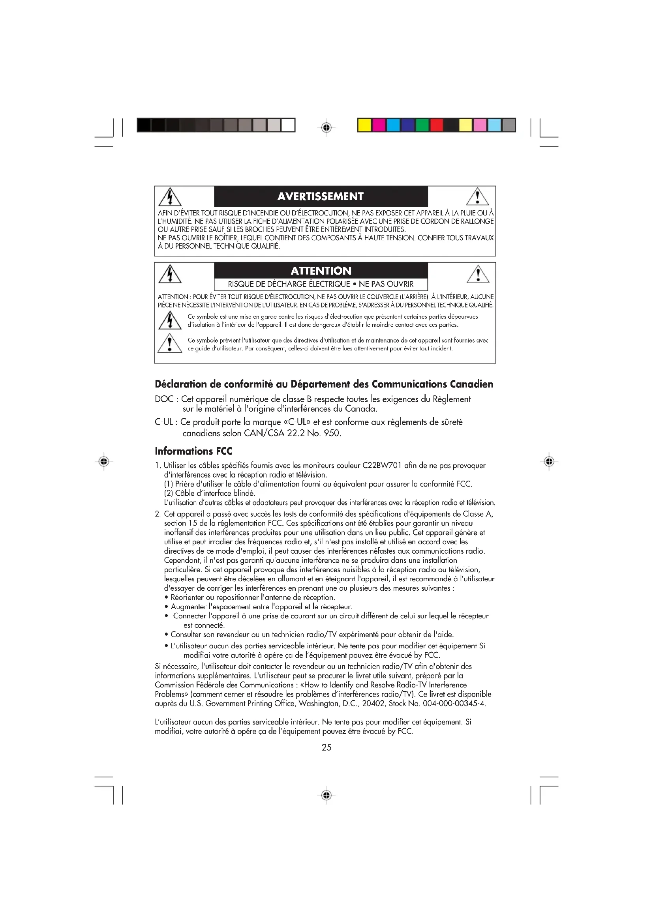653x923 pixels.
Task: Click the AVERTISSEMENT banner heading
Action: click(x=321, y=196)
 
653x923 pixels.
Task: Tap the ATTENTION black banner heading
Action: click(x=321, y=271)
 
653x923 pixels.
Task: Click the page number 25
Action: click(x=326, y=747)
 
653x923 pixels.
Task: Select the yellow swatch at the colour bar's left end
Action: click(x=364, y=125)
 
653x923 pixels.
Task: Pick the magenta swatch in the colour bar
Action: click(x=379, y=125)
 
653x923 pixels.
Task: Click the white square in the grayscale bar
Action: click(x=288, y=125)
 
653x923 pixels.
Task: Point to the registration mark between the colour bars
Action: click(x=326, y=128)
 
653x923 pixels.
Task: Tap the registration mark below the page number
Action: click(x=326, y=795)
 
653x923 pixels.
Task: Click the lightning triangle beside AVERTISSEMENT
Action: click(x=170, y=197)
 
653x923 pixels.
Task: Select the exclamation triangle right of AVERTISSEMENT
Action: click(x=477, y=197)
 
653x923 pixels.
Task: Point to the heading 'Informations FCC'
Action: click(x=193, y=451)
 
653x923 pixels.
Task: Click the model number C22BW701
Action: click(x=382, y=466)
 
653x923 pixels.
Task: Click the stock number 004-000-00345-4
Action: click(x=454, y=704)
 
